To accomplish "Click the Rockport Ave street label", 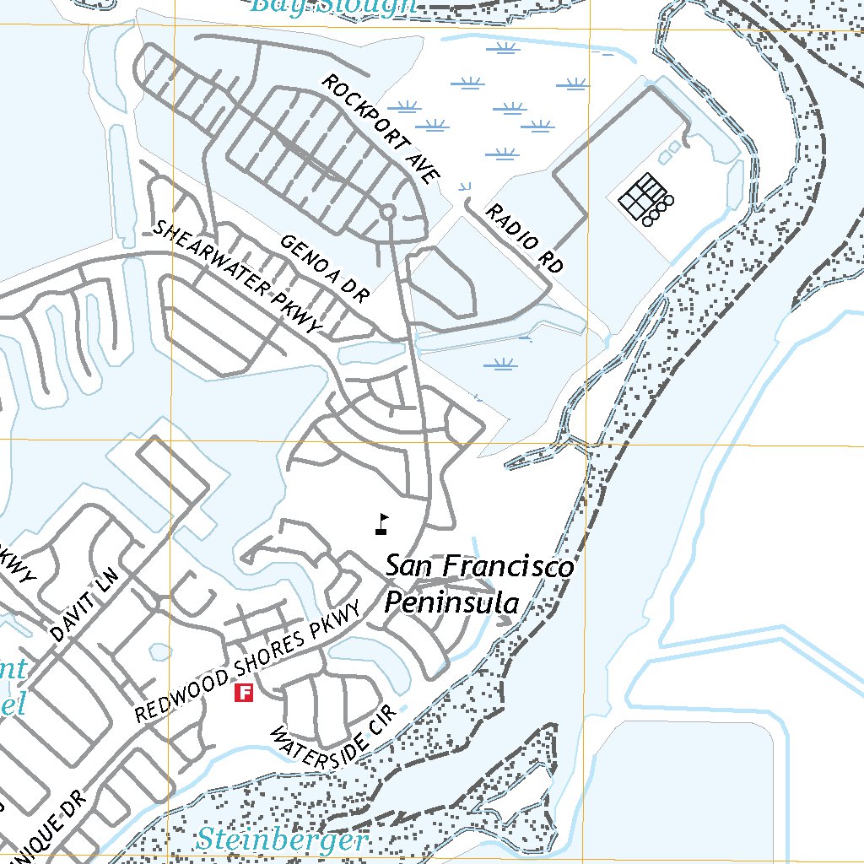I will [381, 129].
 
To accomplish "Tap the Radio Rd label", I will [524, 239].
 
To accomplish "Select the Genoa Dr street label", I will [324, 269].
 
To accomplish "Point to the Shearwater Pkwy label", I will [239, 276].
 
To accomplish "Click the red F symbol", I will [244, 694].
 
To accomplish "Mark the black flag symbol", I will [383, 525].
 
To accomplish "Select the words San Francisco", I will [479, 566].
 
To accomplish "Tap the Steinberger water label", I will [283, 840].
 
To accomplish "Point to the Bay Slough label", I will [334, 6].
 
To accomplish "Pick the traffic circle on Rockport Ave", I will [387, 212].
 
